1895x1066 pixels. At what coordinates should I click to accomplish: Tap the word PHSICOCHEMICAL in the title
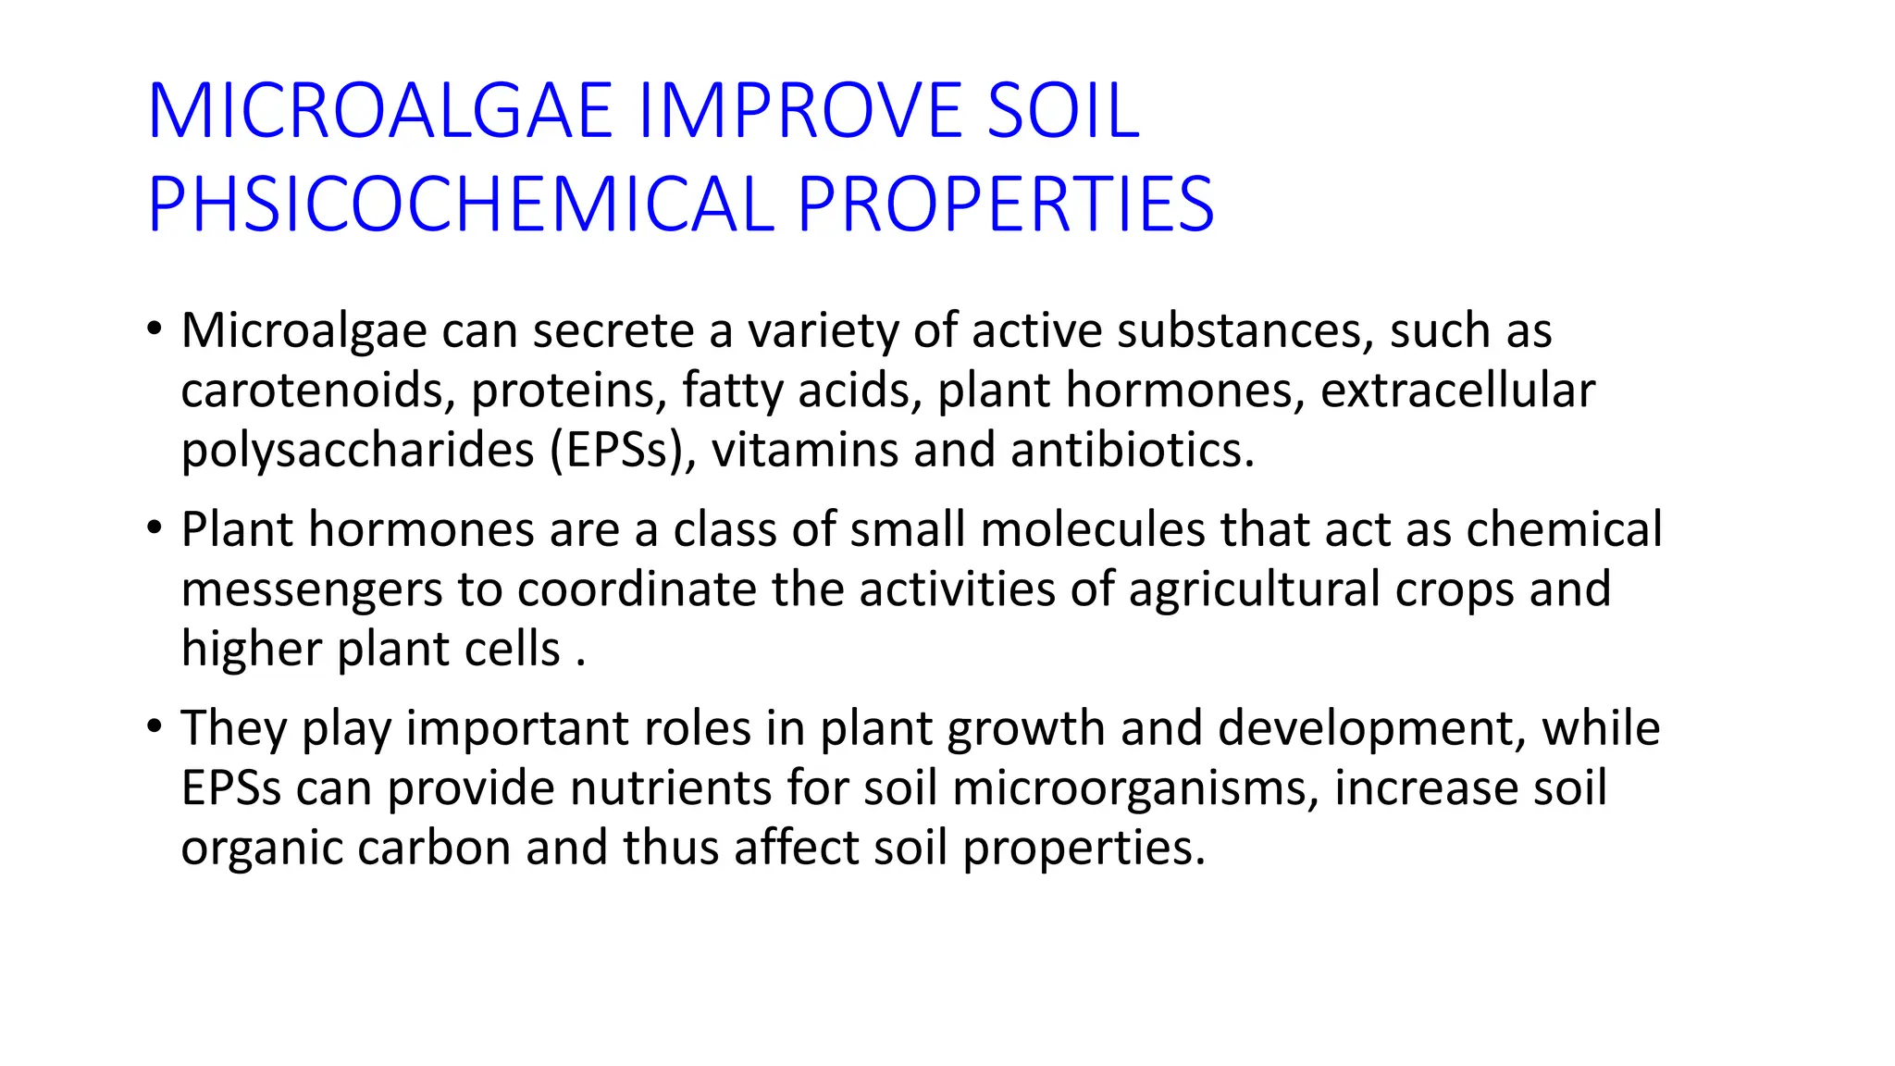point(461,205)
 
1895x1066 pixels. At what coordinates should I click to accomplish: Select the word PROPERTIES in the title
point(1005,205)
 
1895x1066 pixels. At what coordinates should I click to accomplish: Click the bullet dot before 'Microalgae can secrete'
point(155,329)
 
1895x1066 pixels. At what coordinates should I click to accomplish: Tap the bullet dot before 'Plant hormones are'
point(155,528)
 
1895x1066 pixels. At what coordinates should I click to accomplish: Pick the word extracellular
point(1457,390)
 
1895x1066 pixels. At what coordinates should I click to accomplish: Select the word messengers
point(312,590)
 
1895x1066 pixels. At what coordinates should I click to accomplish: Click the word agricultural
point(1254,589)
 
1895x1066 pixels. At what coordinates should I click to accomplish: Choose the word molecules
point(1092,530)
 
